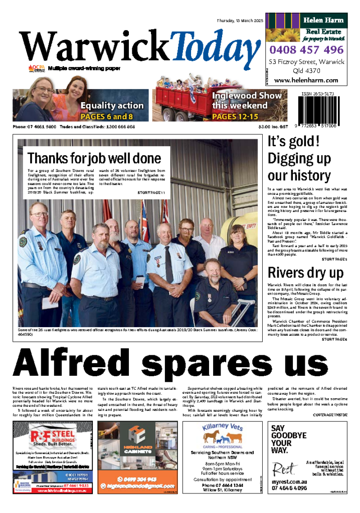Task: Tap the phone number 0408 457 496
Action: (306, 50)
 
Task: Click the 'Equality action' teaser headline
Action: (111, 106)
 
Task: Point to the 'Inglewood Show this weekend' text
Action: (240, 100)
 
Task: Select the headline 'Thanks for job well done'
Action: (94, 159)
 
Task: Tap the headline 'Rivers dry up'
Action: (305, 273)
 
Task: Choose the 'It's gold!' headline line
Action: (293, 141)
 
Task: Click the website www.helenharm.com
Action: (306, 80)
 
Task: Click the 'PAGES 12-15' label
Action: (235, 117)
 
